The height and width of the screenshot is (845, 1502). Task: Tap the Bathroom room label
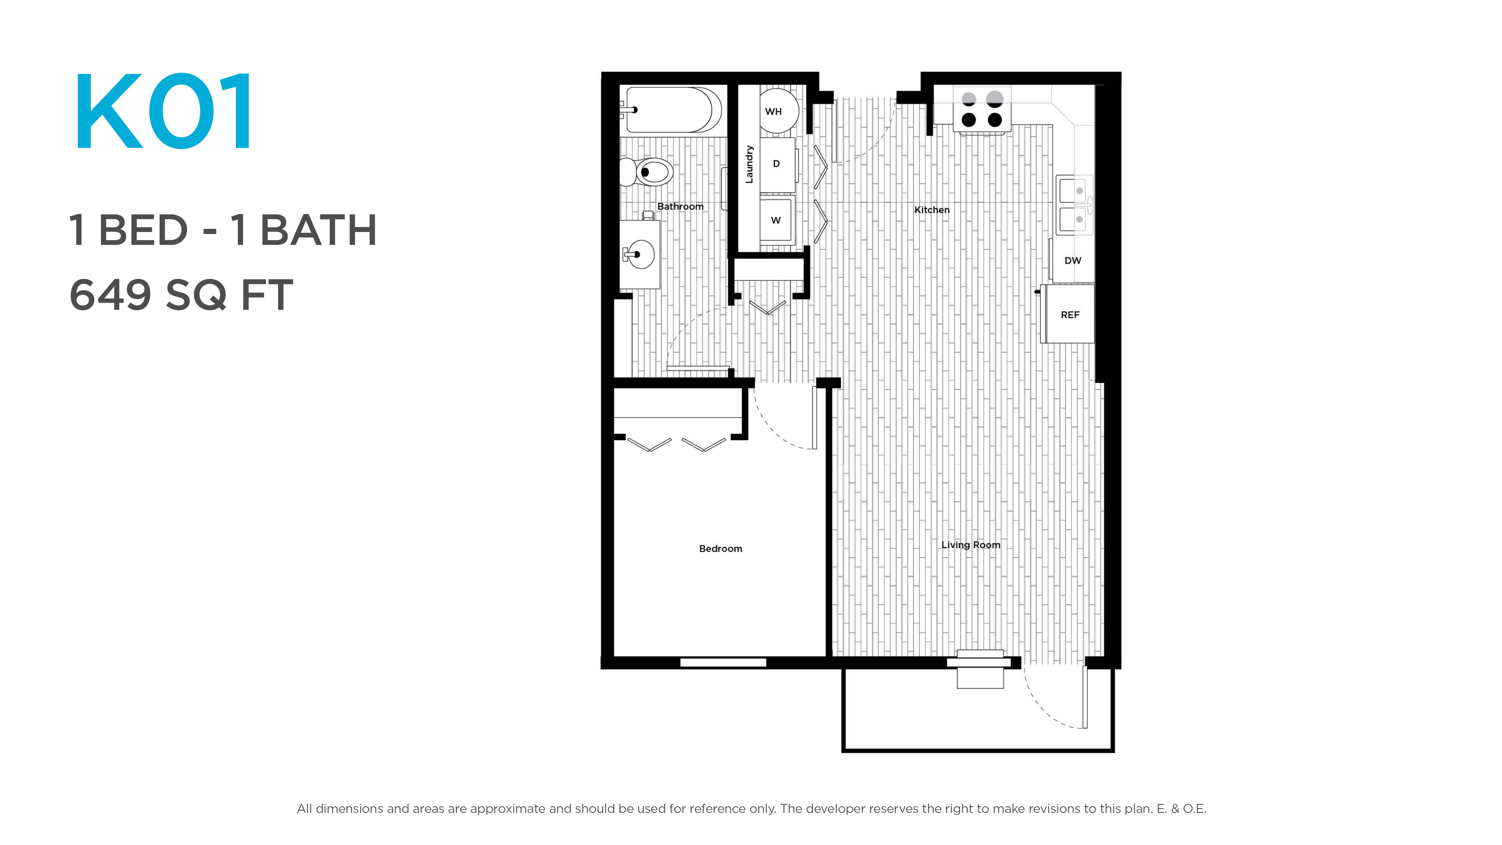click(680, 207)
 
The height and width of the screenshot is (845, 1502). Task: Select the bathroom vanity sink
click(639, 254)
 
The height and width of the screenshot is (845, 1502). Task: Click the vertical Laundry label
click(749, 164)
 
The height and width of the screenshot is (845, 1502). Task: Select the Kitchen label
click(932, 210)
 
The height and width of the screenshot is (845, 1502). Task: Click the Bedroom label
click(720, 549)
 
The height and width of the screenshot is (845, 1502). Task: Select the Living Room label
click(971, 545)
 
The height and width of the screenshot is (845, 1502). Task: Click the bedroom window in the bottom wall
click(723, 662)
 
